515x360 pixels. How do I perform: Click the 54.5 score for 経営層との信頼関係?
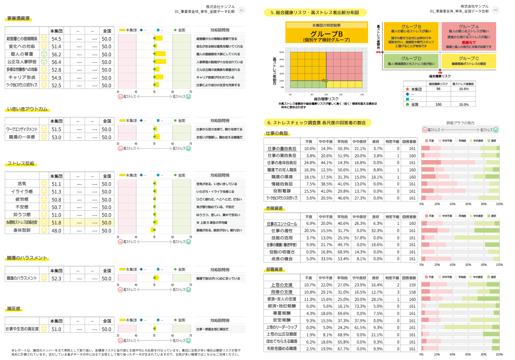(x=56, y=39)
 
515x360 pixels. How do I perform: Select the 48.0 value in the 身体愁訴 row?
(x=56, y=230)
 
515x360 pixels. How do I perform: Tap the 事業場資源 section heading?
(x=18, y=19)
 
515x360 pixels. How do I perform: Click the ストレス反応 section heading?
(x=21, y=164)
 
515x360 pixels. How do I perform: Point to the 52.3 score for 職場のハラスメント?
(x=56, y=278)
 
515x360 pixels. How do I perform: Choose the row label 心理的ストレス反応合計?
(x=22, y=222)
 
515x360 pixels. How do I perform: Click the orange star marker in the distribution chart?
(x=323, y=80)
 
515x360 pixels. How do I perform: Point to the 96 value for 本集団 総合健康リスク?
(x=438, y=89)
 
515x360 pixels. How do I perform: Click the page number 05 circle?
(x=242, y=10)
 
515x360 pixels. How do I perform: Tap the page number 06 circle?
(x=495, y=10)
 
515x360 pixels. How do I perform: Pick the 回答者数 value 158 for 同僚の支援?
(x=412, y=292)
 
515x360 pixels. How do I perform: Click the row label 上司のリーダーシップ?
(x=282, y=327)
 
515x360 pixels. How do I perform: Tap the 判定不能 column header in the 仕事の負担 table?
(x=392, y=141)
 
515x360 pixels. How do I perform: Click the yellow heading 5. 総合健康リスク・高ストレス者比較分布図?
(x=315, y=12)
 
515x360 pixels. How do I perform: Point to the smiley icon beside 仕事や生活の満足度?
(x=44, y=329)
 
